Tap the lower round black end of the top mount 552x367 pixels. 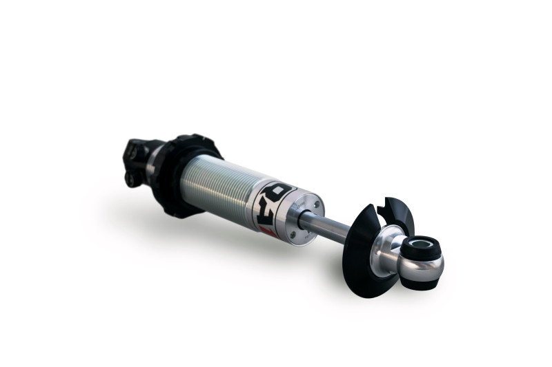tap(130, 178)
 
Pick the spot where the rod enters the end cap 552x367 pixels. tap(304, 218)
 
